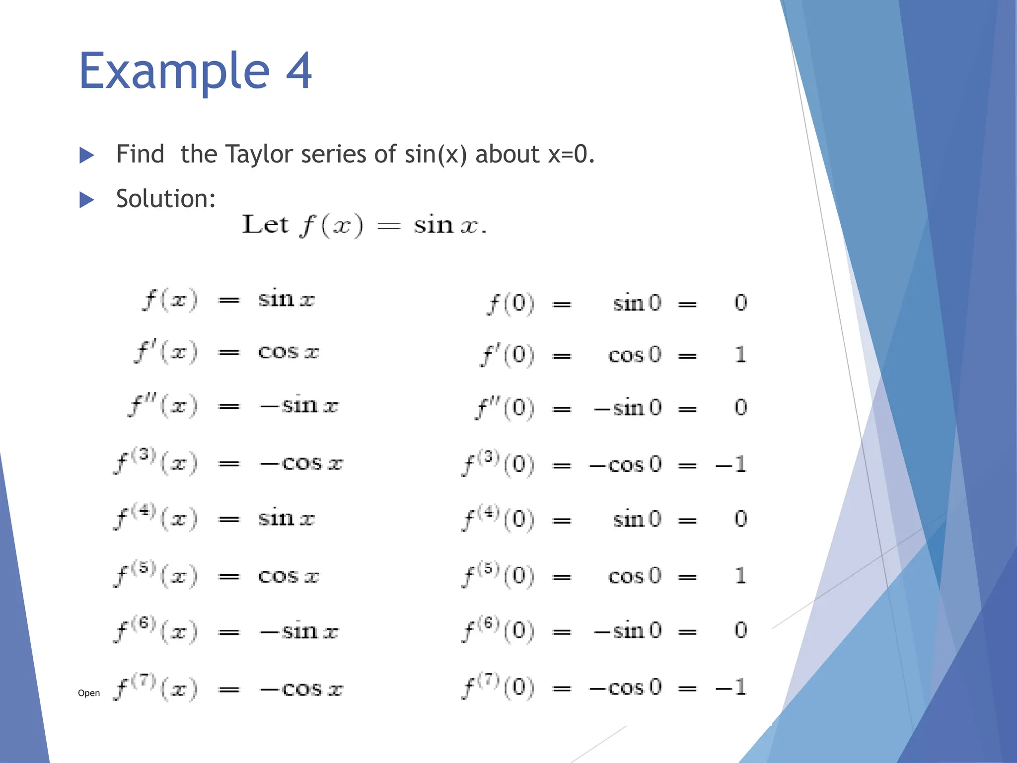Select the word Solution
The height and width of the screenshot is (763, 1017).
tap(166, 199)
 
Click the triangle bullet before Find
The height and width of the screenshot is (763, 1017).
tap(87, 155)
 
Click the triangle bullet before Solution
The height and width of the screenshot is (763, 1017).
tap(87, 200)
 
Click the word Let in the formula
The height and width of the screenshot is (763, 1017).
tap(265, 225)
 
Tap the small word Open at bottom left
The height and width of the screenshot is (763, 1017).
tap(89, 693)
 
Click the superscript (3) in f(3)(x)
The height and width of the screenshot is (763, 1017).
tap(145, 455)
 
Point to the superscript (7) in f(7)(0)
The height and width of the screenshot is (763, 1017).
tap(488, 679)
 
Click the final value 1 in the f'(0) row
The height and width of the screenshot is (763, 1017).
tap(740, 355)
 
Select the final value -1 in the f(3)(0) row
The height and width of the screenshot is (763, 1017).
tap(731, 464)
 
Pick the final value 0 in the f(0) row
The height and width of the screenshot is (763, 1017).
tap(740, 303)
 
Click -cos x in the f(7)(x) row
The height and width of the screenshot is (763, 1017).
tap(301, 689)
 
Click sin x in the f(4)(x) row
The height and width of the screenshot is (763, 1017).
tap(286, 519)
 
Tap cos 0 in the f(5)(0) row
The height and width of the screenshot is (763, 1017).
tap(635, 576)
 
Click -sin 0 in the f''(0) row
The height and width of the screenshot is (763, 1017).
tap(628, 408)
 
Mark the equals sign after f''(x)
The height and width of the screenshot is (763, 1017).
tap(229, 406)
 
